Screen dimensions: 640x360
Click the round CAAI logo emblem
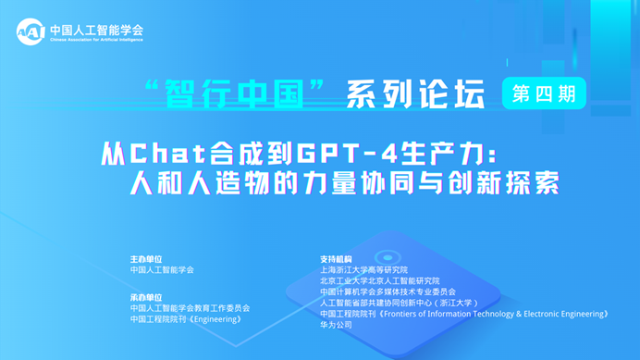point(31,31)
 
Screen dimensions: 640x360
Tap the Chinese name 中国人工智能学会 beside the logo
point(97,30)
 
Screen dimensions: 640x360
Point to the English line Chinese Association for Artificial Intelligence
point(97,40)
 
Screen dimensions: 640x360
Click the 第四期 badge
point(544,93)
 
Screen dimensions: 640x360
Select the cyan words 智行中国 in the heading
point(235,94)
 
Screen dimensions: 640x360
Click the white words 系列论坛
point(415,94)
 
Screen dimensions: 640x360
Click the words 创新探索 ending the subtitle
point(503,183)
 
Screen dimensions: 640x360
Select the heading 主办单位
point(146,259)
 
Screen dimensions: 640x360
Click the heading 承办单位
point(146,297)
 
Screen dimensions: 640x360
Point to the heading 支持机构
point(336,259)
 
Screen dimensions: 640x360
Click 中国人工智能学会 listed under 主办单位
point(162,269)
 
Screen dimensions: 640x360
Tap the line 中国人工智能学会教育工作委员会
point(190,308)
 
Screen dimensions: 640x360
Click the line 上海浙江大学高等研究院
point(363,269)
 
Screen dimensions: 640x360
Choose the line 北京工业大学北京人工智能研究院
point(379,280)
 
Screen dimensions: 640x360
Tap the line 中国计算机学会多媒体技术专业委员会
point(388,292)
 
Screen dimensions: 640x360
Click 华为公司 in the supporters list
point(336,325)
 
